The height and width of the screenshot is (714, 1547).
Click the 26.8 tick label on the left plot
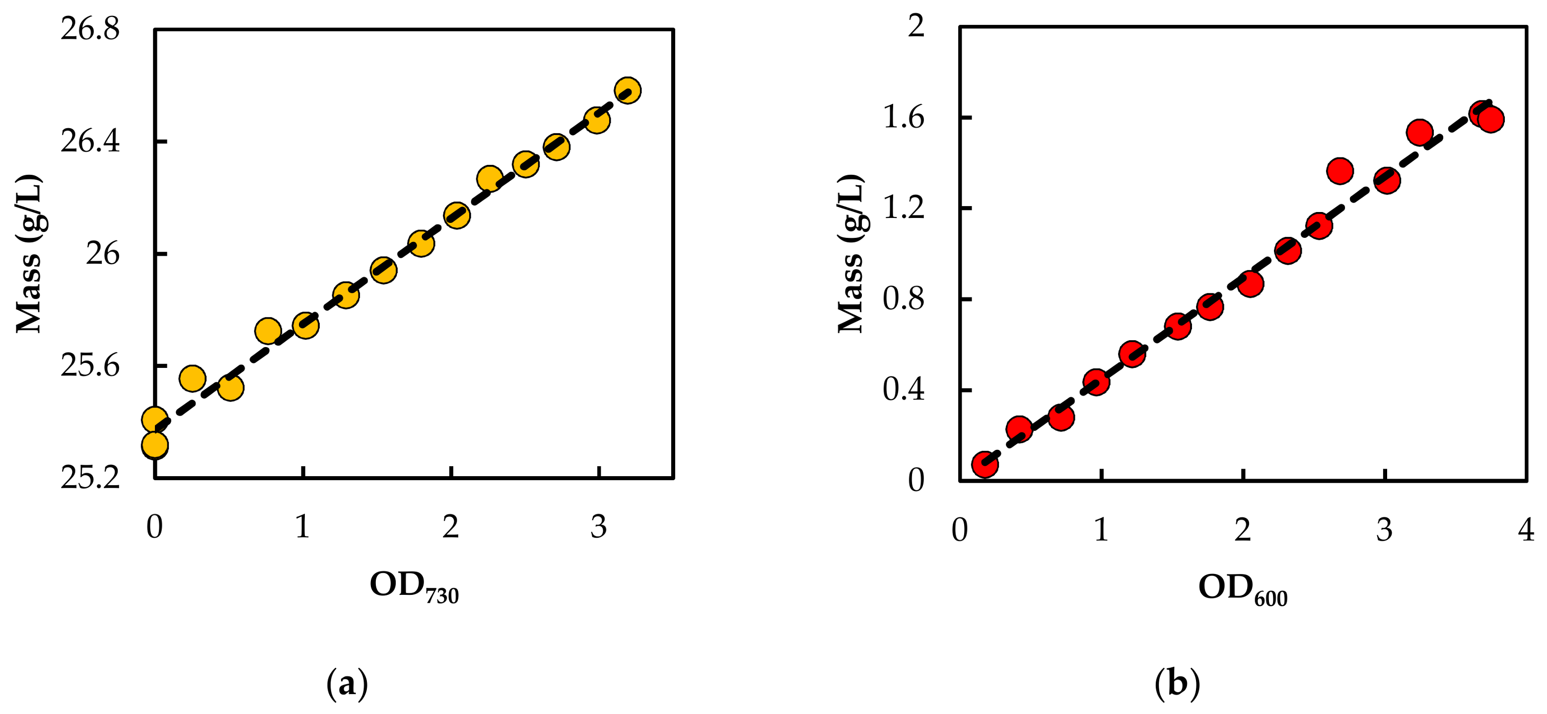[x=90, y=29]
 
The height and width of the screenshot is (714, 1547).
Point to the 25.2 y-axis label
[x=90, y=478]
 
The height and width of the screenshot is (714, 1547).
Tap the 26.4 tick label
[x=90, y=142]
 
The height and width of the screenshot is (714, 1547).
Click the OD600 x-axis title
[x=1242, y=588]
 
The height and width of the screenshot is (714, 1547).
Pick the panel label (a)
[x=347, y=683]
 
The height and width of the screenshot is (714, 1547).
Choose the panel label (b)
[x=1177, y=683]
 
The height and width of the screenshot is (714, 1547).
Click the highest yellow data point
[x=628, y=91]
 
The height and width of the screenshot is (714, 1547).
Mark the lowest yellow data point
[x=154, y=445]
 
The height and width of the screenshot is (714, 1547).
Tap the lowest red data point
[x=985, y=464]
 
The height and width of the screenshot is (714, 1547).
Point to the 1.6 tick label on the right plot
[x=903, y=117]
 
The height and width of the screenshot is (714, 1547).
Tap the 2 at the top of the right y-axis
[x=916, y=26]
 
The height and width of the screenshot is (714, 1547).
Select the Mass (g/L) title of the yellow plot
[x=29, y=253]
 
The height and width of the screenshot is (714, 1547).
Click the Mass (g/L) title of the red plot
[x=850, y=253]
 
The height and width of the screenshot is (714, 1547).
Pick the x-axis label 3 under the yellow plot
[x=598, y=527]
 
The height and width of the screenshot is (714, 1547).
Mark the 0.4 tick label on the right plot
[x=903, y=390]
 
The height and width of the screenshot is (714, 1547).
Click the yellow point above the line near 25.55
[x=192, y=378]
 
